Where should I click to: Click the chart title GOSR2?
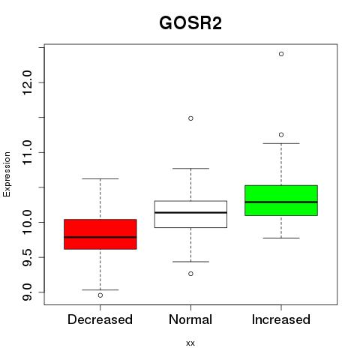click(190, 23)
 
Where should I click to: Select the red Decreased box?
click(100, 234)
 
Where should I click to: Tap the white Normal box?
click(190, 214)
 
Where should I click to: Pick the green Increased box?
click(281, 200)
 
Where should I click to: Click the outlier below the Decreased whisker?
click(100, 295)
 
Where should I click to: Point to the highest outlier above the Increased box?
click(281, 54)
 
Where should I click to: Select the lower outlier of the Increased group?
click(281, 135)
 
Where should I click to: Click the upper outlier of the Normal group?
click(190, 118)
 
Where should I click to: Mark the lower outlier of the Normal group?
click(190, 274)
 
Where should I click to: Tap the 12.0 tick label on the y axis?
click(27, 82)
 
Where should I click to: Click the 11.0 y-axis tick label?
click(27, 152)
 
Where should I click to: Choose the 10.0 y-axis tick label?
click(27, 222)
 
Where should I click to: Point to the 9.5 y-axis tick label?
click(27, 257)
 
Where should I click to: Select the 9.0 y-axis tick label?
click(27, 292)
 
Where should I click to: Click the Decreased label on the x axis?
click(100, 319)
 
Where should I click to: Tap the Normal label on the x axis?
click(190, 319)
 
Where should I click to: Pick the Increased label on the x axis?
click(281, 319)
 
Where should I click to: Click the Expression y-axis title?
click(7, 174)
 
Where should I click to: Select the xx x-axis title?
click(190, 343)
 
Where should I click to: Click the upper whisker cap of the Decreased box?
click(100, 178)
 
